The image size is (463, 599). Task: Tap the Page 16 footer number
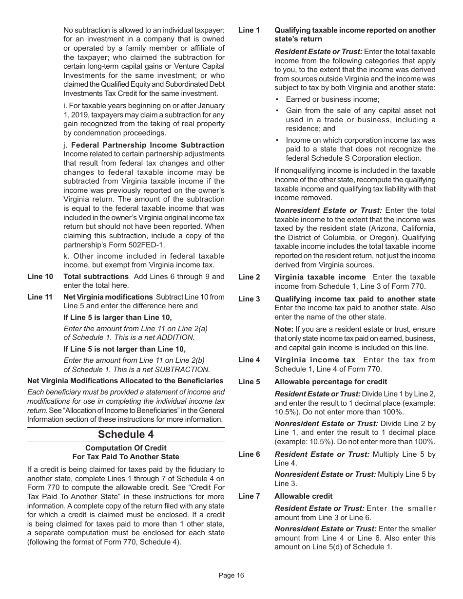click(231, 575)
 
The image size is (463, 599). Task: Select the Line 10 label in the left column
click(40, 277)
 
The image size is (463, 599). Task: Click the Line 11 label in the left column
click(40, 297)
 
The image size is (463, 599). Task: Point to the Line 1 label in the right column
click(249, 30)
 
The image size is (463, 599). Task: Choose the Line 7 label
click(249, 496)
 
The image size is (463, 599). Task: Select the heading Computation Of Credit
click(126, 448)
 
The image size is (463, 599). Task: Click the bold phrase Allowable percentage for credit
click(330, 382)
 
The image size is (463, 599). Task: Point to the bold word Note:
click(284, 330)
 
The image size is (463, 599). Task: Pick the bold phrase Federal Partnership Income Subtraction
click(148, 145)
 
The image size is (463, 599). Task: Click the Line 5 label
click(249, 382)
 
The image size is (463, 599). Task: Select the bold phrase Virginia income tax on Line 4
click(315, 360)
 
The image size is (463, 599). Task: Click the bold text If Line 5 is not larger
click(124, 349)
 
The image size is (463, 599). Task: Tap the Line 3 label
click(249, 299)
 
